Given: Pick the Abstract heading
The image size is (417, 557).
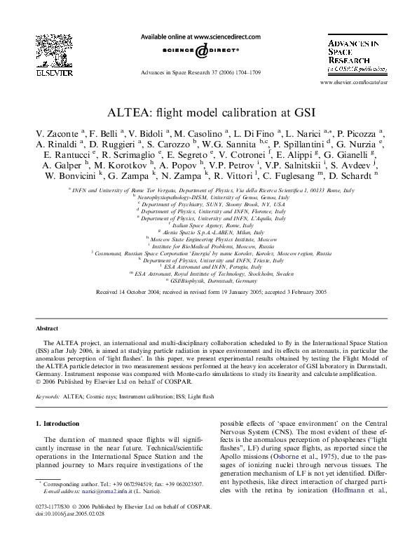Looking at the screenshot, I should pyautogui.click(x=48, y=328).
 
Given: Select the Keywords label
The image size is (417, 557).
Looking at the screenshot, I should pyautogui.click(x=48, y=396).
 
